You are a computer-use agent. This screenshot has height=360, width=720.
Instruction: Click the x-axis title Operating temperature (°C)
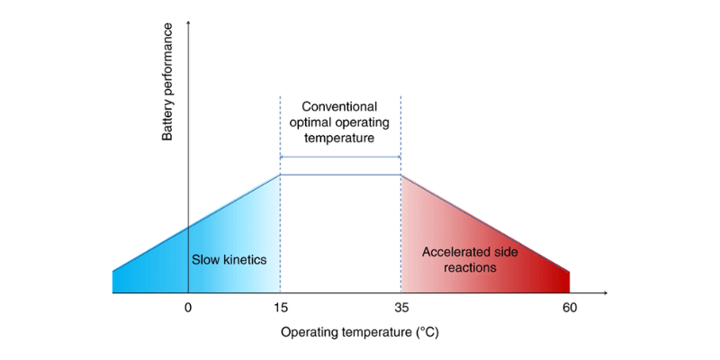tap(359, 331)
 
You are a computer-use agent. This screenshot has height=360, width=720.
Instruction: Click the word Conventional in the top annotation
tap(339, 106)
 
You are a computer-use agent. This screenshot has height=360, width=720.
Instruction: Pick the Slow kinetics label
tap(229, 259)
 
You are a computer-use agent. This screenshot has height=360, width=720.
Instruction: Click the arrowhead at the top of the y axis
tap(188, 22)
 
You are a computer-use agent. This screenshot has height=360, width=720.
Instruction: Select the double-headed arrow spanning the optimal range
tap(340, 157)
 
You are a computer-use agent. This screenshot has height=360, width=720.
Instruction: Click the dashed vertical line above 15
tap(281, 126)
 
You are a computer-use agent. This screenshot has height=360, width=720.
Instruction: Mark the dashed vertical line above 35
tap(400, 126)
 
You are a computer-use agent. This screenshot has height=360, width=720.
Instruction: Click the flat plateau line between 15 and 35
tap(340, 175)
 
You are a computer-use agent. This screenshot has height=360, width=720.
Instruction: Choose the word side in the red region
tap(506, 251)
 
